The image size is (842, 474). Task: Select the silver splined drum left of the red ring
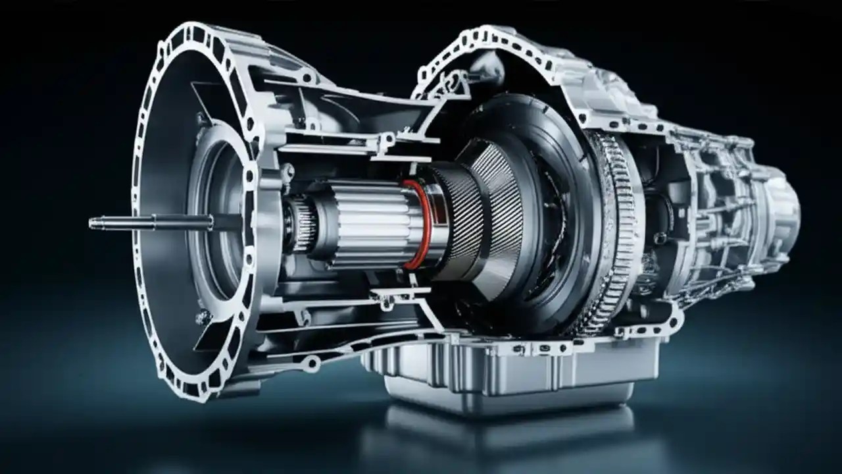365,224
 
